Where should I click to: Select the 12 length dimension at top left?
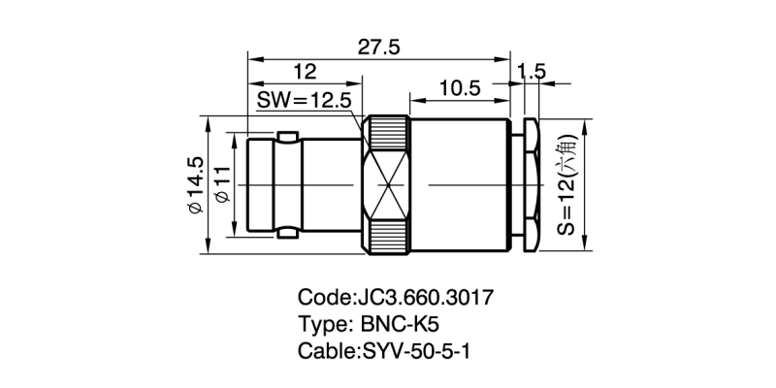(304, 72)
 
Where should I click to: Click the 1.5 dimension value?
(533, 72)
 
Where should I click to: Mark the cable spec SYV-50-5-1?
(417, 348)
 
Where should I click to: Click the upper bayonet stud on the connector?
(287, 134)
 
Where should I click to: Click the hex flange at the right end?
(532, 183)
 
